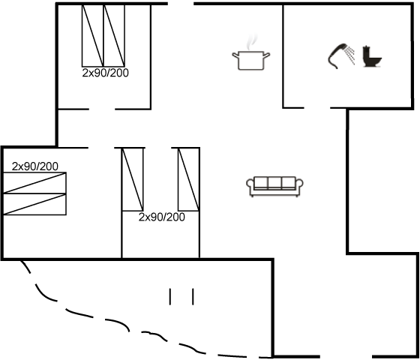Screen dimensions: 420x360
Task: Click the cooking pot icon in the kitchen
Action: coord(250,60)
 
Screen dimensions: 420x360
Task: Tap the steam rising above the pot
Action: coord(251,42)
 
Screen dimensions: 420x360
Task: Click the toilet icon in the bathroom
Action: coord(372,57)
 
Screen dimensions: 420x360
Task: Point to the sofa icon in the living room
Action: coord(274,187)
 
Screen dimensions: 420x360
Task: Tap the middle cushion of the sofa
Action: coord(274,182)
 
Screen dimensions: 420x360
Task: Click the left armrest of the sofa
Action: coord(250,184)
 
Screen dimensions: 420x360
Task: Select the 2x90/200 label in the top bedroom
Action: coord(105,73)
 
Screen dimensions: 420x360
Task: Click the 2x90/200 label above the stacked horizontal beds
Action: coord(34,166)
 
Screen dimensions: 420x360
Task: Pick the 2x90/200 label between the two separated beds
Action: coord(161,217)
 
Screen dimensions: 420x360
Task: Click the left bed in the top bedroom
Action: coord(93,36)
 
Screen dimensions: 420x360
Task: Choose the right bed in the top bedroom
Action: coord(114,36)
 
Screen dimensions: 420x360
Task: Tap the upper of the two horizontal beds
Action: coord(34,183)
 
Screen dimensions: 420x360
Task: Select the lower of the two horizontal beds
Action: coord(34,204)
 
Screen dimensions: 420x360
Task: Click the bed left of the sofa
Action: coord(189,179)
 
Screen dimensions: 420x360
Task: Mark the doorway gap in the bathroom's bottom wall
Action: coord(317,108)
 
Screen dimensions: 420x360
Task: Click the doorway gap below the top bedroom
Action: coord(102,109)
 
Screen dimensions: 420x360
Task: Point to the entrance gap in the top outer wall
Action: coord(181,4)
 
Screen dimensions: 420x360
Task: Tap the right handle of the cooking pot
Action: coord(266,55)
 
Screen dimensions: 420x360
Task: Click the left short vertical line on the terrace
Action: coord(169,296)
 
